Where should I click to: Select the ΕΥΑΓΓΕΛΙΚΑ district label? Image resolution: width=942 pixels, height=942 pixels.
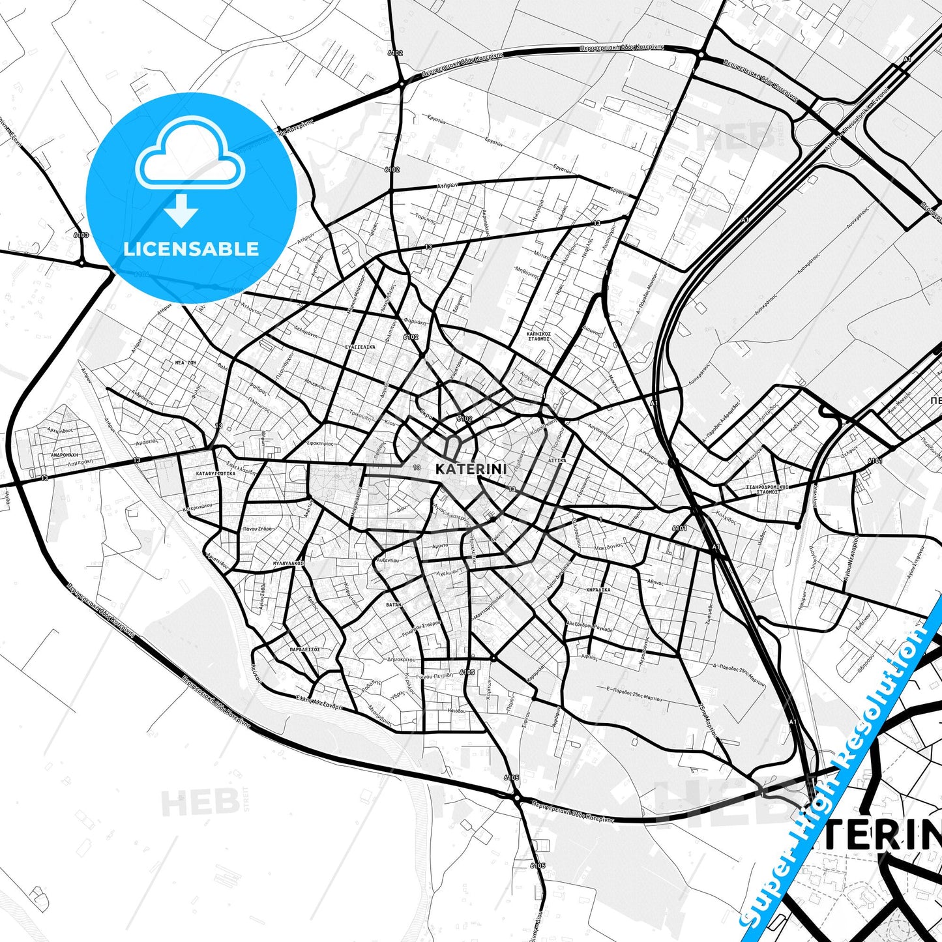click(360, 347)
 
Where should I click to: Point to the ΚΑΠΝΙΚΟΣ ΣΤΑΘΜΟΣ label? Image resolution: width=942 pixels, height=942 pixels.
click(538, 336)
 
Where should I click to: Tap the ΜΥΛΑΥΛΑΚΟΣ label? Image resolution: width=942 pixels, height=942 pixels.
click(288, 562)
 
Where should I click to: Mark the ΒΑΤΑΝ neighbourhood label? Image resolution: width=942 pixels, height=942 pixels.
click(393, 605)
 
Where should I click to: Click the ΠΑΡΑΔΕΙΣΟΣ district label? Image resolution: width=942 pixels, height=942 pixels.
click(304, 649)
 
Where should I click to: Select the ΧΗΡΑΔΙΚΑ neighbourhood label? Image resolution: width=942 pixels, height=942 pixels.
click(598, 589)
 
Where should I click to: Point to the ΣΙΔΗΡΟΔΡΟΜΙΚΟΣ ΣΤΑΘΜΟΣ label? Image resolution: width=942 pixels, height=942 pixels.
click(767, 490)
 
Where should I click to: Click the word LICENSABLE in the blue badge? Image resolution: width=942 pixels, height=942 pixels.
click(191, 249)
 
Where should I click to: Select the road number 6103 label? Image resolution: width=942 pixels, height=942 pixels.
click(81, 235)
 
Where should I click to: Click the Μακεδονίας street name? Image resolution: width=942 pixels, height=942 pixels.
click(609, 545)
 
